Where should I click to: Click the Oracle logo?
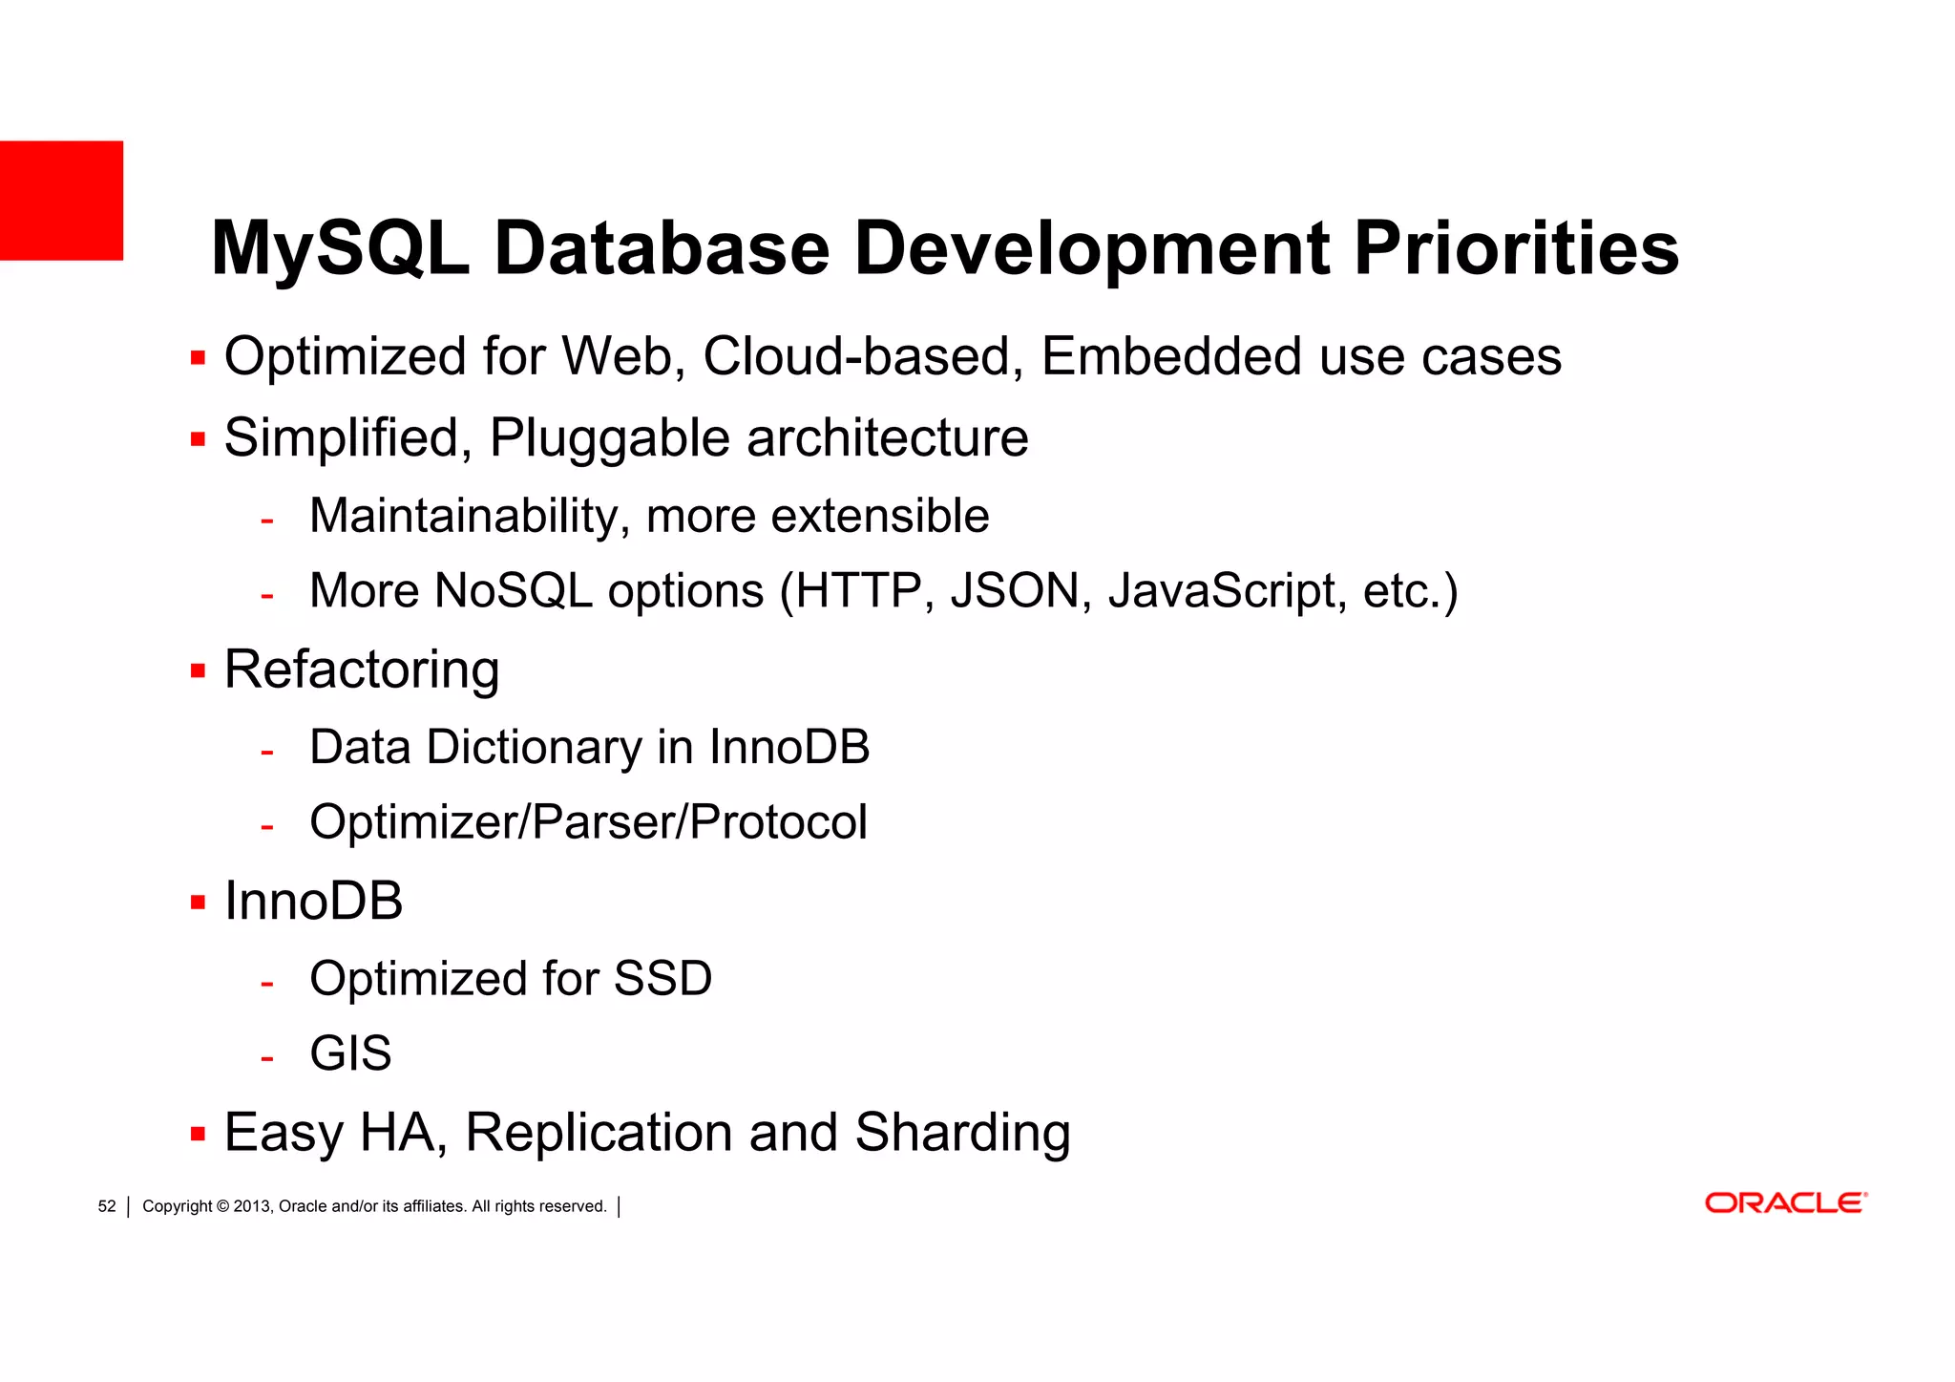1785,1202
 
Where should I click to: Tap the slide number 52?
107,1206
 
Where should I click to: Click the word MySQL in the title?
340,248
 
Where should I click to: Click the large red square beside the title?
61,201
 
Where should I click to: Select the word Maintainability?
469,516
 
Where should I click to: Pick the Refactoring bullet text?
362,670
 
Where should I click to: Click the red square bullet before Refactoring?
198,670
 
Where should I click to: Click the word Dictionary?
534,747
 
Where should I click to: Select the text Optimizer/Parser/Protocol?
588,822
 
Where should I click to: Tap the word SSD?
662,978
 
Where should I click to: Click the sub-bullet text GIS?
350,1053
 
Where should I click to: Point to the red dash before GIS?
267,1058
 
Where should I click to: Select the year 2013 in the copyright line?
252,1206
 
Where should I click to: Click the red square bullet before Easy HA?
198,1134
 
